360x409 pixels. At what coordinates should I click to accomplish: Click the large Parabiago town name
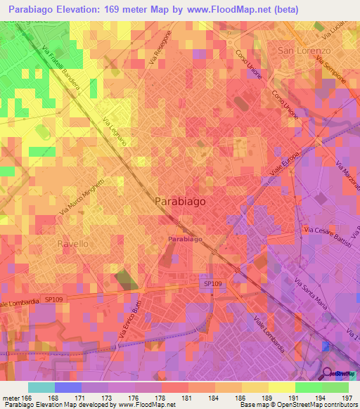180,201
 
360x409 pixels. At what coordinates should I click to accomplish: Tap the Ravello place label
72,243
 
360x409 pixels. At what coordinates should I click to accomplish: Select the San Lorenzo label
304,51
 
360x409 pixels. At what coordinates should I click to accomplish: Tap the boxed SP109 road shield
210,283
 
